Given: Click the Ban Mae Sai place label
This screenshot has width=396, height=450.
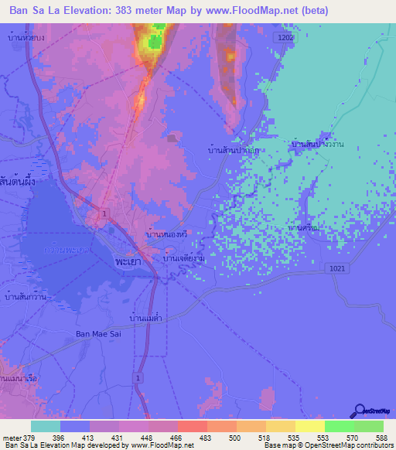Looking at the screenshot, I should [99, 333].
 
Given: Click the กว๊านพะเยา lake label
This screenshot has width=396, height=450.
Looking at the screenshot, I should [65, 250].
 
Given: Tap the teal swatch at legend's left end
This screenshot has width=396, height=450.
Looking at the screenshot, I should [45, 426].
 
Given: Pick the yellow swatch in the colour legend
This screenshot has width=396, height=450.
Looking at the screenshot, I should [309, 426].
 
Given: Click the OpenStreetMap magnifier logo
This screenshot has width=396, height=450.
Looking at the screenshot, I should [359, 412].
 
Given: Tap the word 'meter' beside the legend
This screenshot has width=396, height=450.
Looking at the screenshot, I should [14, 437].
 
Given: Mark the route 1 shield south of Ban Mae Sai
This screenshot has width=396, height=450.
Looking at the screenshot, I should [138, 377].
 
